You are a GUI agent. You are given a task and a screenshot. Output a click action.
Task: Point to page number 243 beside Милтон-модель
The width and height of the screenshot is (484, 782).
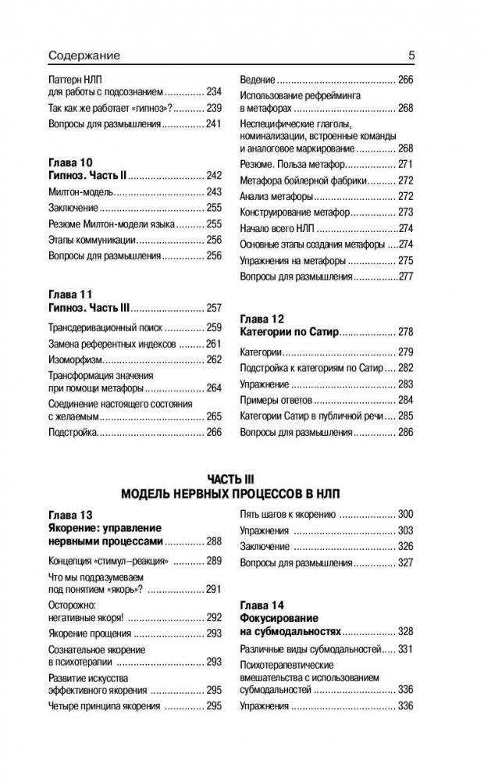coord(214,192)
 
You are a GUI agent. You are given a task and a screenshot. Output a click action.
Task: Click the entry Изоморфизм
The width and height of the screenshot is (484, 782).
coord(76,360)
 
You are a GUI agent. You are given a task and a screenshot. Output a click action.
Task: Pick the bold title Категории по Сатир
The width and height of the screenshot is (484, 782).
coord(288,333)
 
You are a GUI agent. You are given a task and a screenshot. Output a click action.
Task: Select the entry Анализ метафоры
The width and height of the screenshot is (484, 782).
coord(276,196)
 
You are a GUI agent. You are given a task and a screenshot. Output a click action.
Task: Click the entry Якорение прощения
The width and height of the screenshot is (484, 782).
coord(90,634)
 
